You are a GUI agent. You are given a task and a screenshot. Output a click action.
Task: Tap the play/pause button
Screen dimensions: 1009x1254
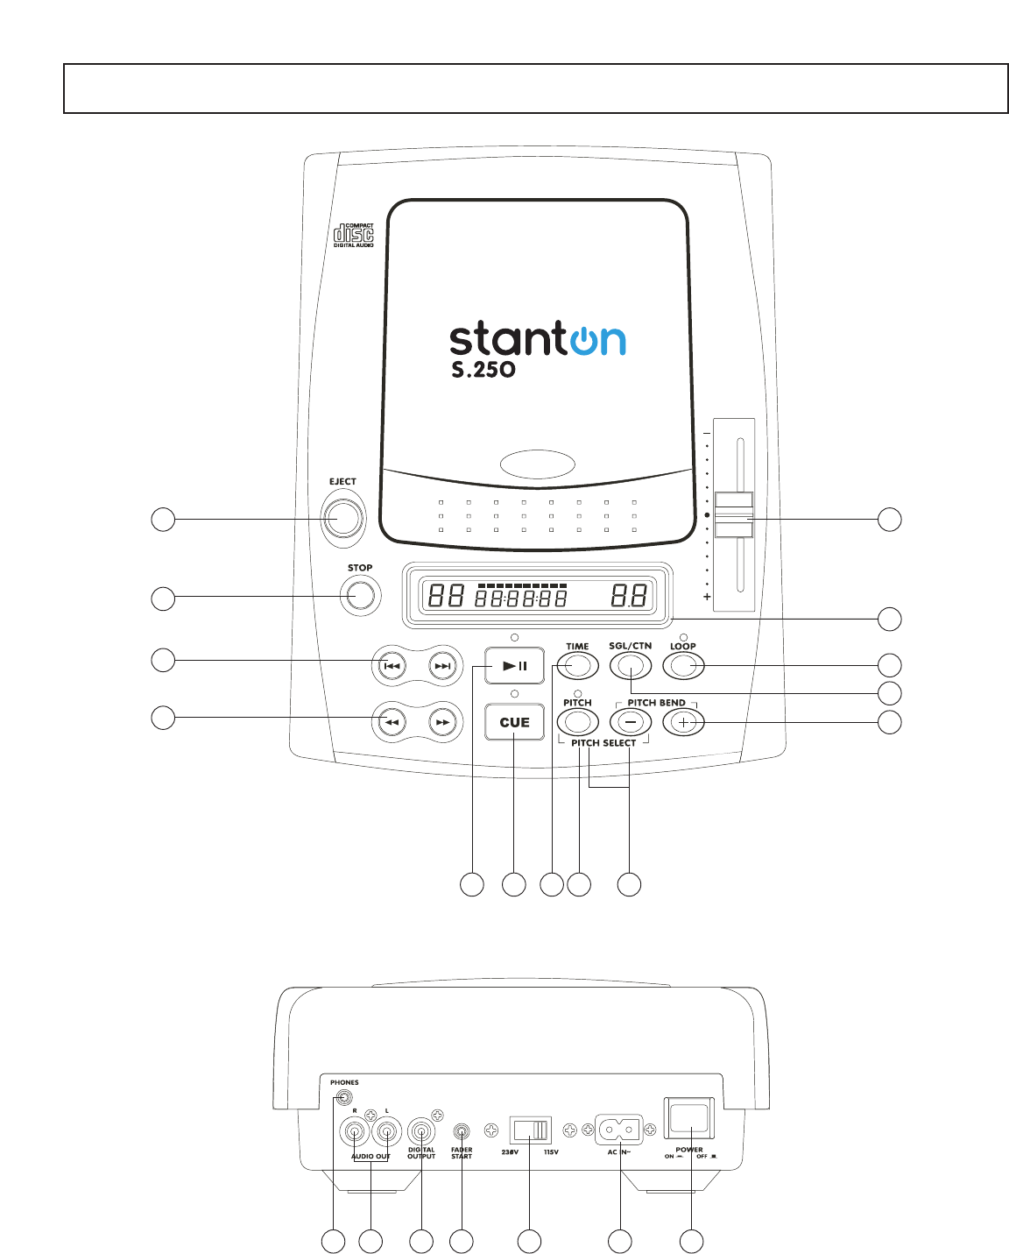pyautogui.click(x=515, y=666)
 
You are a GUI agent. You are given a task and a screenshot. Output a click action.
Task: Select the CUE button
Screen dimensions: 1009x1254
pyautogui.click(x=515, y=722)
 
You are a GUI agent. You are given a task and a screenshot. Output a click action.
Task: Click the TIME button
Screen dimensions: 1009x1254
pyautogui.click(x=577, y=667)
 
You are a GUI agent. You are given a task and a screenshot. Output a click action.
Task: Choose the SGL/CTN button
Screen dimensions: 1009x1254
pyautogui.click(x=631, y=667)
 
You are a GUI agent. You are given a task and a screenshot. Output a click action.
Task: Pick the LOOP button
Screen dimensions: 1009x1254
pyautogui.click(x=684, y=667)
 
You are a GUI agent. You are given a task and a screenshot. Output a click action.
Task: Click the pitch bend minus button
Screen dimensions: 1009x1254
pyautogui.click(x=631, y=722)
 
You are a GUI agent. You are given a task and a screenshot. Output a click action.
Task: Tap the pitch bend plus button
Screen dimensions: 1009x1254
pyautogui.click(x=684, y=722)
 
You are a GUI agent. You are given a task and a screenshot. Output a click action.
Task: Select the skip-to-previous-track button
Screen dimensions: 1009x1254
pyautogui.click(x=392, y=666)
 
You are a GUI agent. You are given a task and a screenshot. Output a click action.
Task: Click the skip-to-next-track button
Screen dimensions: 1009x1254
pyautogui.click(x=443, y=666)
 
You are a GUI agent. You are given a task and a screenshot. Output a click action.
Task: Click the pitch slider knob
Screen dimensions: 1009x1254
pyautogui.click(x=734, y=514)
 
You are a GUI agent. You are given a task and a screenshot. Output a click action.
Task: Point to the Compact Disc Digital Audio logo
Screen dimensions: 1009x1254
pyautogui.click(x=354, y=235)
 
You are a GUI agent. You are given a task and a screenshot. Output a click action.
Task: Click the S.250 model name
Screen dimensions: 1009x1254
pyautogui.click(x=483, y=370)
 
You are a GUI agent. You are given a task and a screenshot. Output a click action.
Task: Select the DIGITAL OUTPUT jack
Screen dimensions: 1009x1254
pyautogui.click(x=421, y=1131)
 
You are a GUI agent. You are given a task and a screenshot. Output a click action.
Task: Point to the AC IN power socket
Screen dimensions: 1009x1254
pyautogui.click(x=619, y=1129)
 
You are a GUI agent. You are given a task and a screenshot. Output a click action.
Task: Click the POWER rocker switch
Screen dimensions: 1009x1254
pyautogui.click(x=690, y=1119)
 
